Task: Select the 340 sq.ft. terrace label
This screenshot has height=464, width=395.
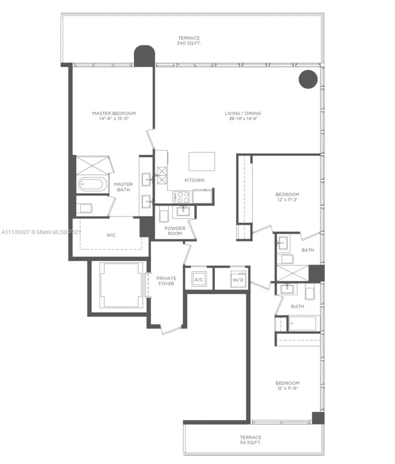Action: click(x=189, y=41)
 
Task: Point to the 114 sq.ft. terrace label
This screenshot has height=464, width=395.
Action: click(x=251, y=440)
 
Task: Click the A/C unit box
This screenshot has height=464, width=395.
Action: click(x=199, y=279)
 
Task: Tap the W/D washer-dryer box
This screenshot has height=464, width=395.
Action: click(x=238, y=279)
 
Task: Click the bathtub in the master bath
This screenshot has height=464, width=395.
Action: click(x=91, y=184)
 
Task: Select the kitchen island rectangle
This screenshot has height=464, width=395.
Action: click(x=202, y=162)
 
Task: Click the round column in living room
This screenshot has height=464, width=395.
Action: click(x=308, y=80)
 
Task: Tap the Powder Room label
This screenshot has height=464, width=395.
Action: click(x=175, y=231)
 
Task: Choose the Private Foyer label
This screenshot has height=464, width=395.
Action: click(x=166, y=281)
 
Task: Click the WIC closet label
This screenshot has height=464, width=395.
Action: click(x=111, y=235)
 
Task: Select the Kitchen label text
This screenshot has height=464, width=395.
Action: click(x=194, y=180)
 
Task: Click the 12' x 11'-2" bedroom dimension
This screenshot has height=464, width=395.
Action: click(x=288, y=200)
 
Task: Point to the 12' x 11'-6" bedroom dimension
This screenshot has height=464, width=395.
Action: click(x=288, y=388)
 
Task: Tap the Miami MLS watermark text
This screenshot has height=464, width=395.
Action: click(x=41, y=232)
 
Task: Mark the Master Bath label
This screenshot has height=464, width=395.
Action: click(x=123, y=187)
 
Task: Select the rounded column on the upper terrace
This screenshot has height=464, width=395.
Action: click(x=144, y=56)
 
